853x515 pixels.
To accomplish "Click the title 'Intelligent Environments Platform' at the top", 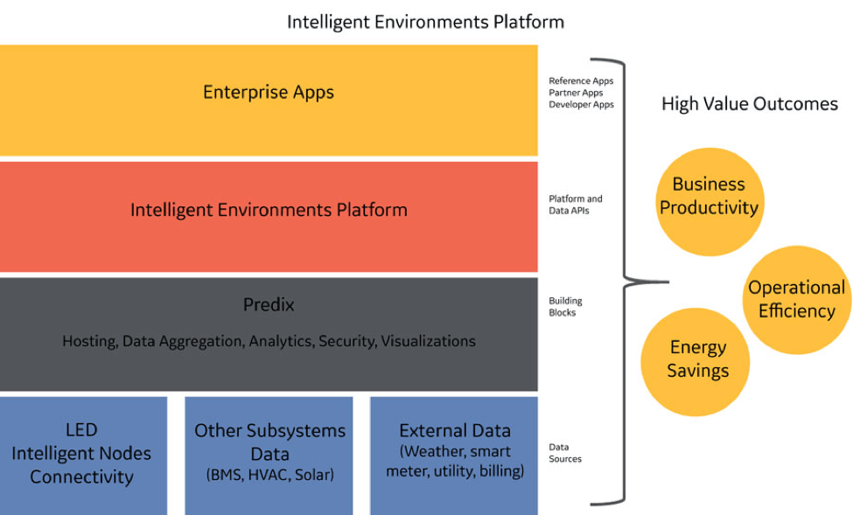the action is [x=425, y=23].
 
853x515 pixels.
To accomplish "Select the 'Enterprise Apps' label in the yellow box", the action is [x=269, y=93].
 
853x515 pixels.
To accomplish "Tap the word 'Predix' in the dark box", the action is [x=269, y=304].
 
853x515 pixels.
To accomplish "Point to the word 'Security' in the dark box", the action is [x=347, y=341].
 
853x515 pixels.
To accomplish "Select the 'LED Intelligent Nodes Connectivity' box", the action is [x=83, y=456].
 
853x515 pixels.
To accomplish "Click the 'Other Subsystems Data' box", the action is [x=269, y=456].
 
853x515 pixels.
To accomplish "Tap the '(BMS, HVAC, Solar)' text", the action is [x=269, y=475].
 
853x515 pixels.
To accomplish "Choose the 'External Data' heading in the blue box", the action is [x=455, y=431].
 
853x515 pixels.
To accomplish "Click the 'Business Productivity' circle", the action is [x=710, y=202].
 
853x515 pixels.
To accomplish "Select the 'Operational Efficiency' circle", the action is [x=797, y=300].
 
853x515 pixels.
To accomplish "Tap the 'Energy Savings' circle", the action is [x=696, y=362].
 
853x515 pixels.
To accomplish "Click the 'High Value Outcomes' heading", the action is [x=750, y=104].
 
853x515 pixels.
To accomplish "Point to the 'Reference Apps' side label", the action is [x=581, y=81].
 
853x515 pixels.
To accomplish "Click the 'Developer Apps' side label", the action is [x=581, y=104].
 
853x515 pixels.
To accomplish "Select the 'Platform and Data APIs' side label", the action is [x=576, y=205].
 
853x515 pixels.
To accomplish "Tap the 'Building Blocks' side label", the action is [x=565, y=307].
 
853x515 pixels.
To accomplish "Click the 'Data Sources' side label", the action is [x=565, y=453].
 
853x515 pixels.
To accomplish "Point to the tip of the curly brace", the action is [x=668, y=282].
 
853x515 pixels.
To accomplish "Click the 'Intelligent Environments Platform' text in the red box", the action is [x=269, y=210].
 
